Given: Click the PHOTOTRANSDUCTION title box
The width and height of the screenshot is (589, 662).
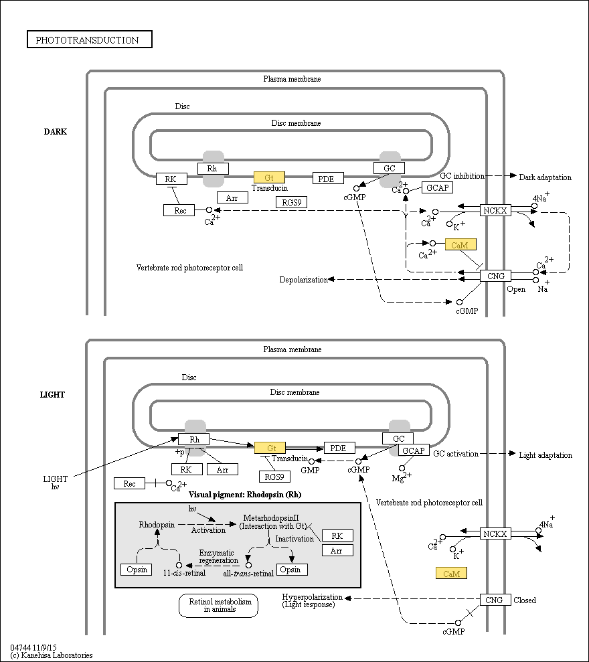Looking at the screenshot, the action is tap(90, 39).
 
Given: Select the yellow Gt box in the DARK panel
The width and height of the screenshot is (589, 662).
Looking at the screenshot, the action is tap(269, 177).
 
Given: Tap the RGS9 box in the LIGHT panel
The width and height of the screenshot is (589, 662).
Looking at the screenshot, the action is tap(274, 477).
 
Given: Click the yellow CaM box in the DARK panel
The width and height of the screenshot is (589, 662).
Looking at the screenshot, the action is tap(460, 244).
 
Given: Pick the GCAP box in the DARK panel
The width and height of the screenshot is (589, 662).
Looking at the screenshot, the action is tap(438, 187).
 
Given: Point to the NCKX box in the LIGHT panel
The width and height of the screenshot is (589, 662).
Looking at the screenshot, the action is tap(495, 533).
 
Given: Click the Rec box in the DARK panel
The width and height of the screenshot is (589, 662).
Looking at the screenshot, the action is tap(179, 210).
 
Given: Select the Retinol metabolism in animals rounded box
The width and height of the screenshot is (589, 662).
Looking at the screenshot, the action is tap(218, 605).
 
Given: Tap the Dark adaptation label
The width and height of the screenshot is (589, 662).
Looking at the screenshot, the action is tap(545, 177).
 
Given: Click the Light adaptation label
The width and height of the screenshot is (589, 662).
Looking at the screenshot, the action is tap(545, 455).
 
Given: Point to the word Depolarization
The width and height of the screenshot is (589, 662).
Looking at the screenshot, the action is tap(304, 280).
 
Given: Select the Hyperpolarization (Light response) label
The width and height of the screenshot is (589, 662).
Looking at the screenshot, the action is tap(313, 600).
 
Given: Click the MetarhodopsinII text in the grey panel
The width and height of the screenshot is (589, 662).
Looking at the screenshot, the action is tap(271, 517).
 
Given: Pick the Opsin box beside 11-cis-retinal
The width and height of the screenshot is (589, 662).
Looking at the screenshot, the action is tap(137, 570).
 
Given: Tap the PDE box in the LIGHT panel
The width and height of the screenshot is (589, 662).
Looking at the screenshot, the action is tap(339, 448).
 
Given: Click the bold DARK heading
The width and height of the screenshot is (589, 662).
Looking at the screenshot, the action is tap(56, 132).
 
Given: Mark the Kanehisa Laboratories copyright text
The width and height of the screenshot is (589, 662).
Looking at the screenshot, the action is tap(52, 655).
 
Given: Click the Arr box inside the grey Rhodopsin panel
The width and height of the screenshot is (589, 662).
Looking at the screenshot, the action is tap(337, 550).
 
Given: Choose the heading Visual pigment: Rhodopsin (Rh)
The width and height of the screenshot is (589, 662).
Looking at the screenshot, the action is tap(245, 495).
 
